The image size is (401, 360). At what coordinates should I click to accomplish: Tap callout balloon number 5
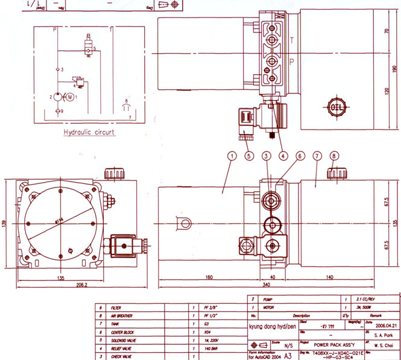[248, 156]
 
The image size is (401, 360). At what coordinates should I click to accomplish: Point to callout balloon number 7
[318, 156]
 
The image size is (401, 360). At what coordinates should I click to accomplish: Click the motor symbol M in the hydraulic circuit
[70, 96]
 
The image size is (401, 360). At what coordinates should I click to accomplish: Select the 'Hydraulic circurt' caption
[89, 132]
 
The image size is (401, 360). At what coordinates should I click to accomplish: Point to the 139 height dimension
[5, 224]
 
